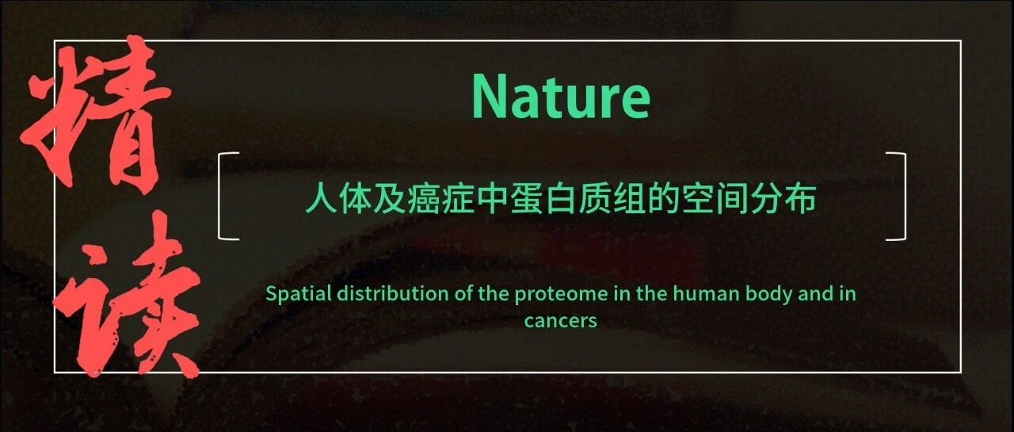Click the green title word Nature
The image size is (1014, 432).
tap(561, 96)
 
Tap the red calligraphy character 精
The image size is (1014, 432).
tap(97, 113)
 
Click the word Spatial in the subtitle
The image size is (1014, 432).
tap(299, 295)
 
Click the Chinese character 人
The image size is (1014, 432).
tap(322, 198)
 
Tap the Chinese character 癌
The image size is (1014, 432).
tap(424, 198)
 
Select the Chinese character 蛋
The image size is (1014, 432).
tap(527, 198)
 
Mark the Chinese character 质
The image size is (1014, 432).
tap(595, 198)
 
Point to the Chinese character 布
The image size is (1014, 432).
tap(800, 198)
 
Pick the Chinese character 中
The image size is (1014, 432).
tap(493, 198)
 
